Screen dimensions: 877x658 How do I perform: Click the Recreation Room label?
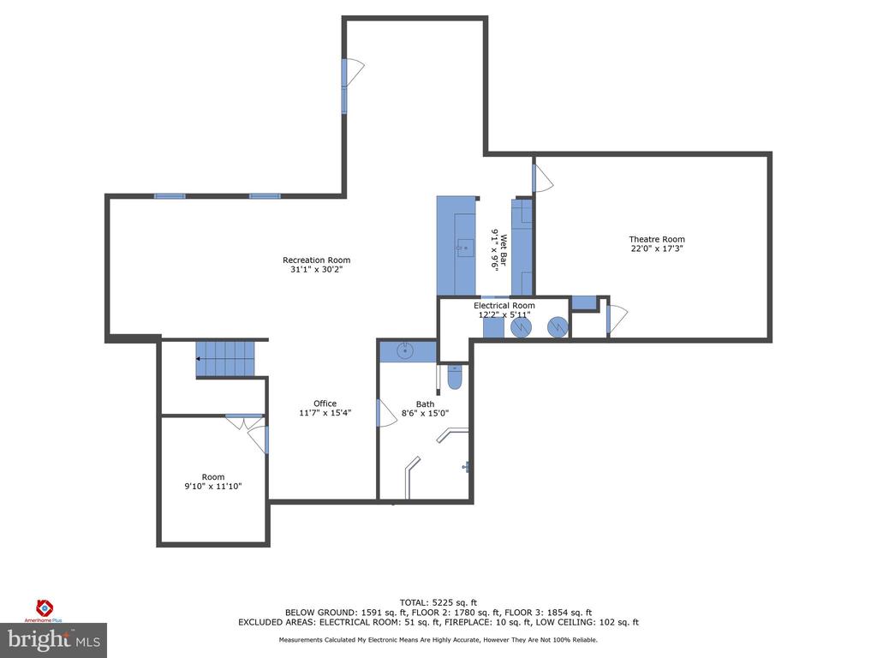tap(317, 260)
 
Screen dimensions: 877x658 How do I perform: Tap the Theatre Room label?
tap(657, 239)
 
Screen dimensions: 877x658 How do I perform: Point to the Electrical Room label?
tap(504, 306)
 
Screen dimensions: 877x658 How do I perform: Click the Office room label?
tap(325, 404)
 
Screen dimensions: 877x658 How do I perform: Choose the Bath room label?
tap(425, 404)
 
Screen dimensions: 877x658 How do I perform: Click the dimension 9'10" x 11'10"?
tap(213, 487)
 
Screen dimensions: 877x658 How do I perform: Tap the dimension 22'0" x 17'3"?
tap(657, 248)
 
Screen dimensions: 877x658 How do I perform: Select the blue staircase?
tap(225, 359)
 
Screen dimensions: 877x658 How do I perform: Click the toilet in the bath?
tap(454, 378)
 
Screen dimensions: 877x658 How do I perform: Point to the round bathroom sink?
tap(405, 351)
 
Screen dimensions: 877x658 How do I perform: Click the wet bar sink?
tap(465, 248)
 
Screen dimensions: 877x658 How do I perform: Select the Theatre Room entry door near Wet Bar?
tap(541, 178)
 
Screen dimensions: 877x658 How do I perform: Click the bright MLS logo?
tap(54, 640)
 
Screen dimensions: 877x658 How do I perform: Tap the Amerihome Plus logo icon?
tap(45, 607)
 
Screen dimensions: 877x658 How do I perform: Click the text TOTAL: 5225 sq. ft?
tap(438, 602)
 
